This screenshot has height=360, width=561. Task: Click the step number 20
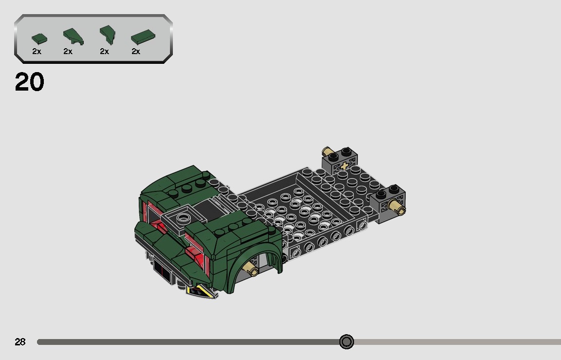pyautogui.click(x=29, y=82)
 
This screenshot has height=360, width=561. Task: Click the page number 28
pyautogui.click(x=20, y=342)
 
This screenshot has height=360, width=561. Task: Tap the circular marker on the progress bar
pyautogui.click(x=346, y=341)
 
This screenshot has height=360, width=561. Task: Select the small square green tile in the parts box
pyautogui.click(x=39, y=38)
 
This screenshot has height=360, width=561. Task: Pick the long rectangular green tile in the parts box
pyautogui.click(x=142, y=37)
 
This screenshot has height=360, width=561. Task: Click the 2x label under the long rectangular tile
pyautogui.click(x=136, y=51)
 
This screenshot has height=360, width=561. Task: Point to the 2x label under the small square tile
pyautogui.click(x=37, y=51)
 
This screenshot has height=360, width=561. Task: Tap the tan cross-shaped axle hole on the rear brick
pyautogui.click(x=345, y=166)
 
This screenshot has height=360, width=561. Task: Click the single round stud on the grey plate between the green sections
pyautogui.click(x=184, y=217)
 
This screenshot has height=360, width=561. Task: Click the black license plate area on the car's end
pyautogui.click(x=162, y=271)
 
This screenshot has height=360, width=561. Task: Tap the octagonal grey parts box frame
pyautogui.click(x=93, y=39)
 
